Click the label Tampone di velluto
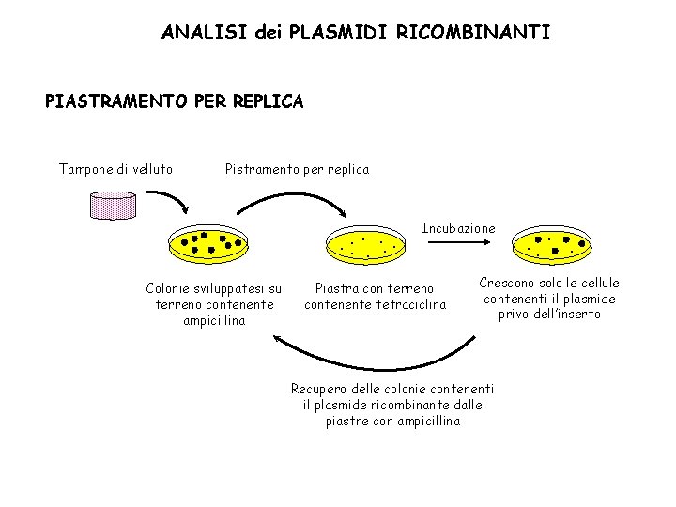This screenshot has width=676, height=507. pyautogui.click(x=115, y=170)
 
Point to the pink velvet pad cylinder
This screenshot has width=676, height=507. pyautogui.click(x=112, y=204)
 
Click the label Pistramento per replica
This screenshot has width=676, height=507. pyautogui.click(x=297, y=170)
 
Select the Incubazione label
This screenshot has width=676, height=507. pyautogui.click(x=457, y=228)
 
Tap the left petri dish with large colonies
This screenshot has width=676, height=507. pyautogui.click(x=208, y=245)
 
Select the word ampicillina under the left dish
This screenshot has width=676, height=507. pyautogui.click(x=214, y=320)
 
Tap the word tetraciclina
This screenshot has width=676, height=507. pyautogui.click(x=411, y=304)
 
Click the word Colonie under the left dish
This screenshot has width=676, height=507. pyautogui.click(x=171, y=288)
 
